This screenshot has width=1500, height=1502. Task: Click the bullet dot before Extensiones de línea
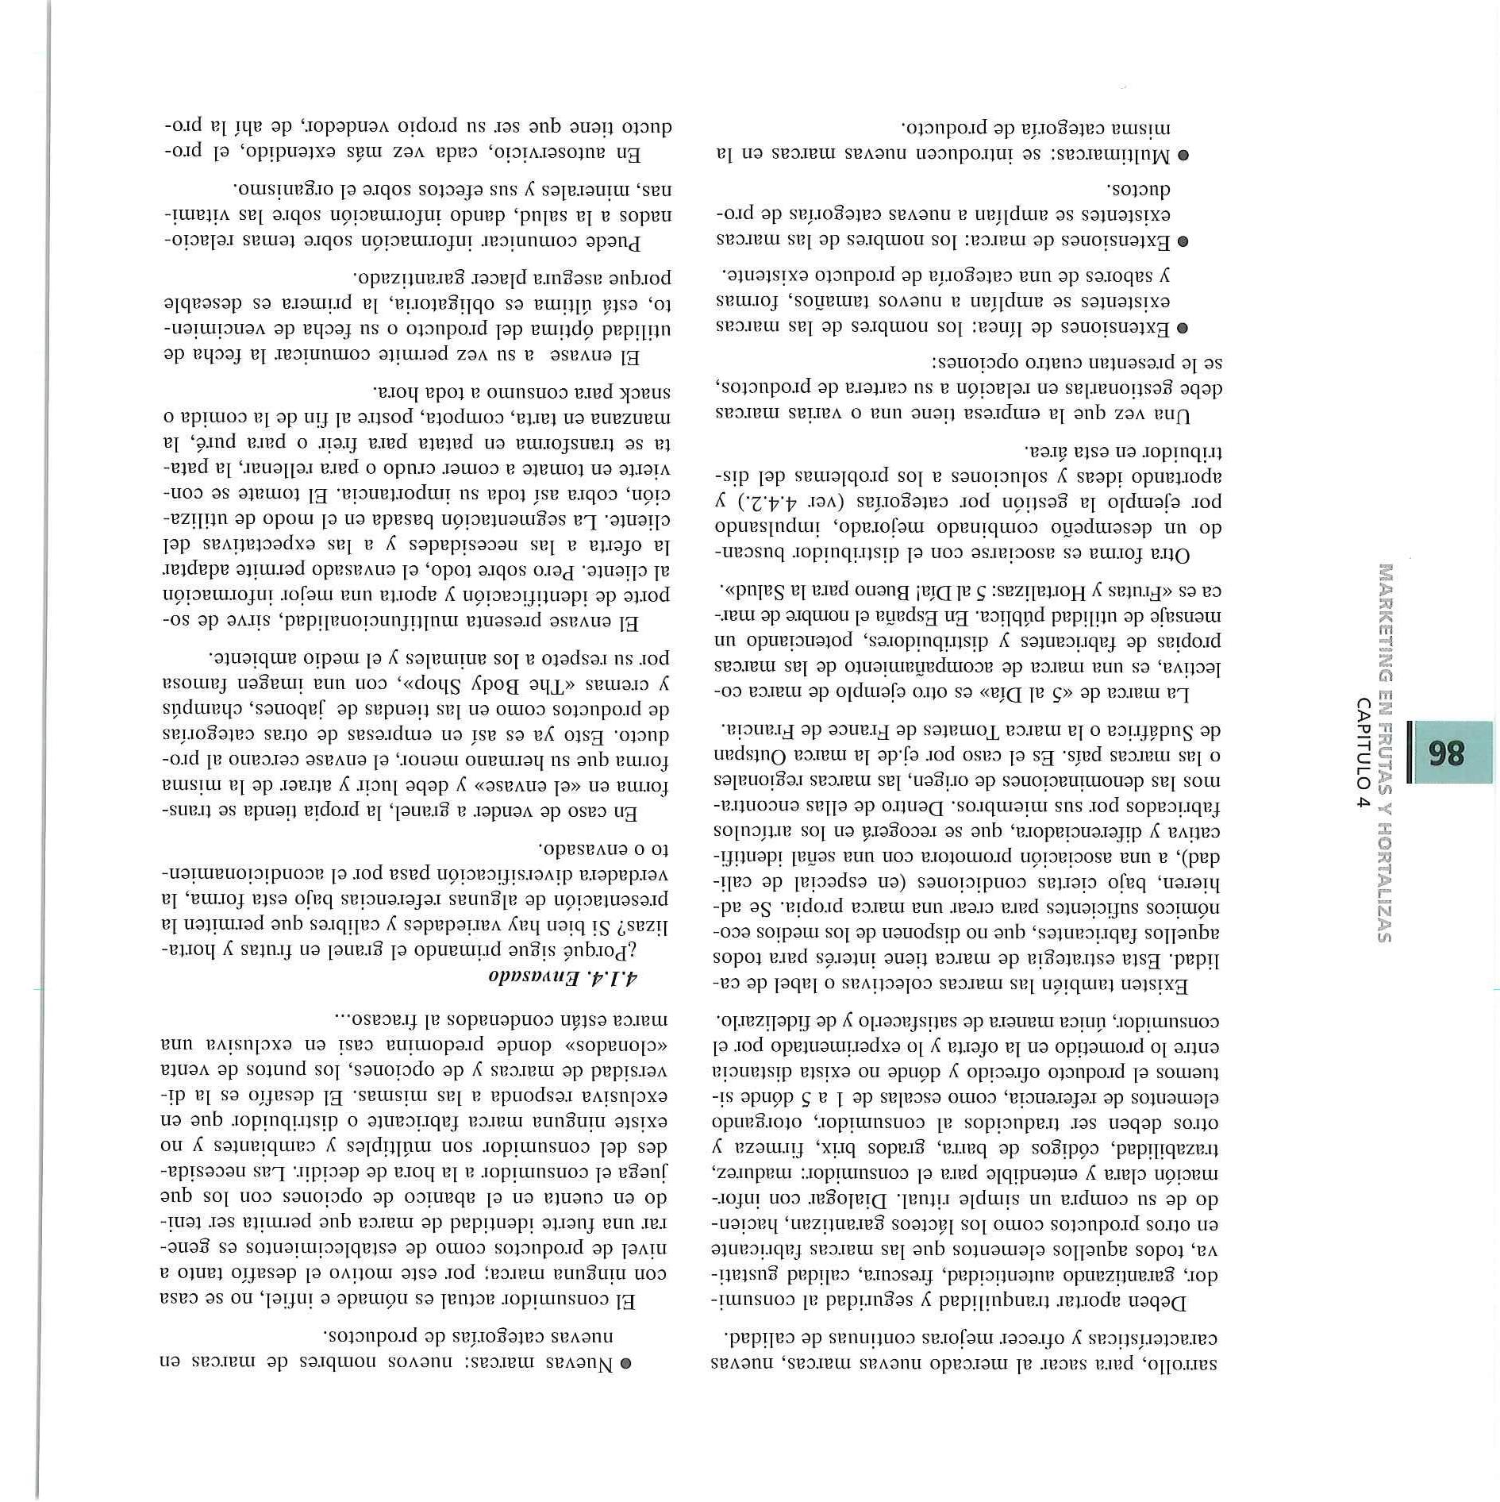click(x=1182, y=329)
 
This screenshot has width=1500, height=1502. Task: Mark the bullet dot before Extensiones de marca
click(x=1182, y=241)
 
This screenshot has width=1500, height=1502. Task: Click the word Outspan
click(x=752, y=753)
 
